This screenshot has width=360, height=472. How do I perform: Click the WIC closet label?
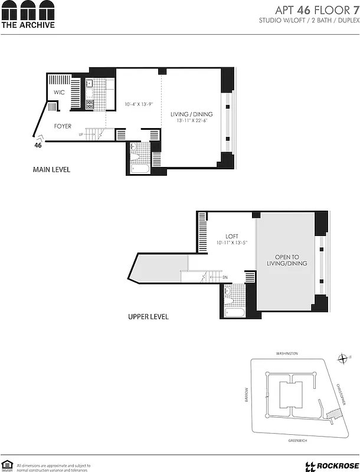point(59,93)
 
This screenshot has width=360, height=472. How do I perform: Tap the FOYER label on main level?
point(63,126)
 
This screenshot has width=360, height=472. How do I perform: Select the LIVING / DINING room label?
point(191,114)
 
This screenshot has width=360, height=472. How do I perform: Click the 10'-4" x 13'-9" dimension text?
point(139,105)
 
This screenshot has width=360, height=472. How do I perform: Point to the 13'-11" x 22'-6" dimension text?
point(192,120)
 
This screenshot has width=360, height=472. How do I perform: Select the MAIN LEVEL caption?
point(51,170)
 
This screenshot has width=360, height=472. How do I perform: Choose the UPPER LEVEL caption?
point(148,317)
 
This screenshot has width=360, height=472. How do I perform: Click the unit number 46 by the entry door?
point(38,145)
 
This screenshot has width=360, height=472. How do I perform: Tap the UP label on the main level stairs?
point(80,135)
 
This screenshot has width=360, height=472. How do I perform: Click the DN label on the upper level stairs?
point(225,277)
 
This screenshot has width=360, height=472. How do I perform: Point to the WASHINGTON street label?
point(287,353)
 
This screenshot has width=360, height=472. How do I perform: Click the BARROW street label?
point(247,394)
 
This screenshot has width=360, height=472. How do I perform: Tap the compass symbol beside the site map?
point(342,358)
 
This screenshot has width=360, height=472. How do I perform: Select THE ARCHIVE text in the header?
point(28,25)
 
